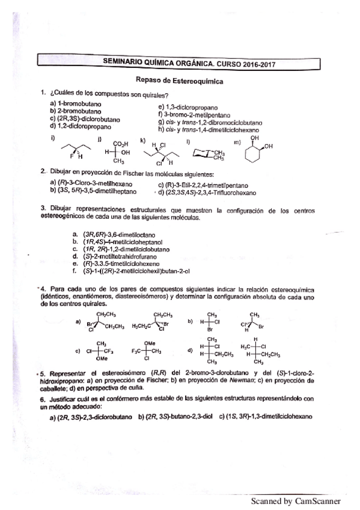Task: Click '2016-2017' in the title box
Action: point(252,61)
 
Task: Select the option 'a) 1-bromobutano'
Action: point(76,103)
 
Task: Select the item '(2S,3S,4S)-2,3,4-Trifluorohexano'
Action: point(209,193)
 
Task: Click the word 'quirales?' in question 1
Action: point(152,94)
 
